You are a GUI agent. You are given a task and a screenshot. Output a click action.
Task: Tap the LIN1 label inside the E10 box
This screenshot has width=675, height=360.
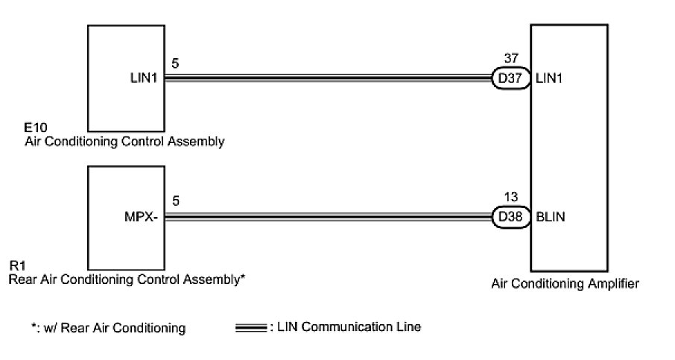(x=142, y=76)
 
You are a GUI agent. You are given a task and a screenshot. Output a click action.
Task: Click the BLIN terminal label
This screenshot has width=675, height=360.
(x=551, y=218)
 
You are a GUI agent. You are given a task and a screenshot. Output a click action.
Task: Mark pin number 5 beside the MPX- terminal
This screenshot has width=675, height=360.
(x=174, y=202)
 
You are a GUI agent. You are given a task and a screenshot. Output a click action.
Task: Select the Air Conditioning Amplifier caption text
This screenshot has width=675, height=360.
(x=565, y=284)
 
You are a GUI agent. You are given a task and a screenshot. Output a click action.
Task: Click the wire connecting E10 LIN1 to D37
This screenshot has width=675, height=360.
(x=328, y=76)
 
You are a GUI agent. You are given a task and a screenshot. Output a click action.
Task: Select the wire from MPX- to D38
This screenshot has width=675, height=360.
(x=328, y=218)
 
